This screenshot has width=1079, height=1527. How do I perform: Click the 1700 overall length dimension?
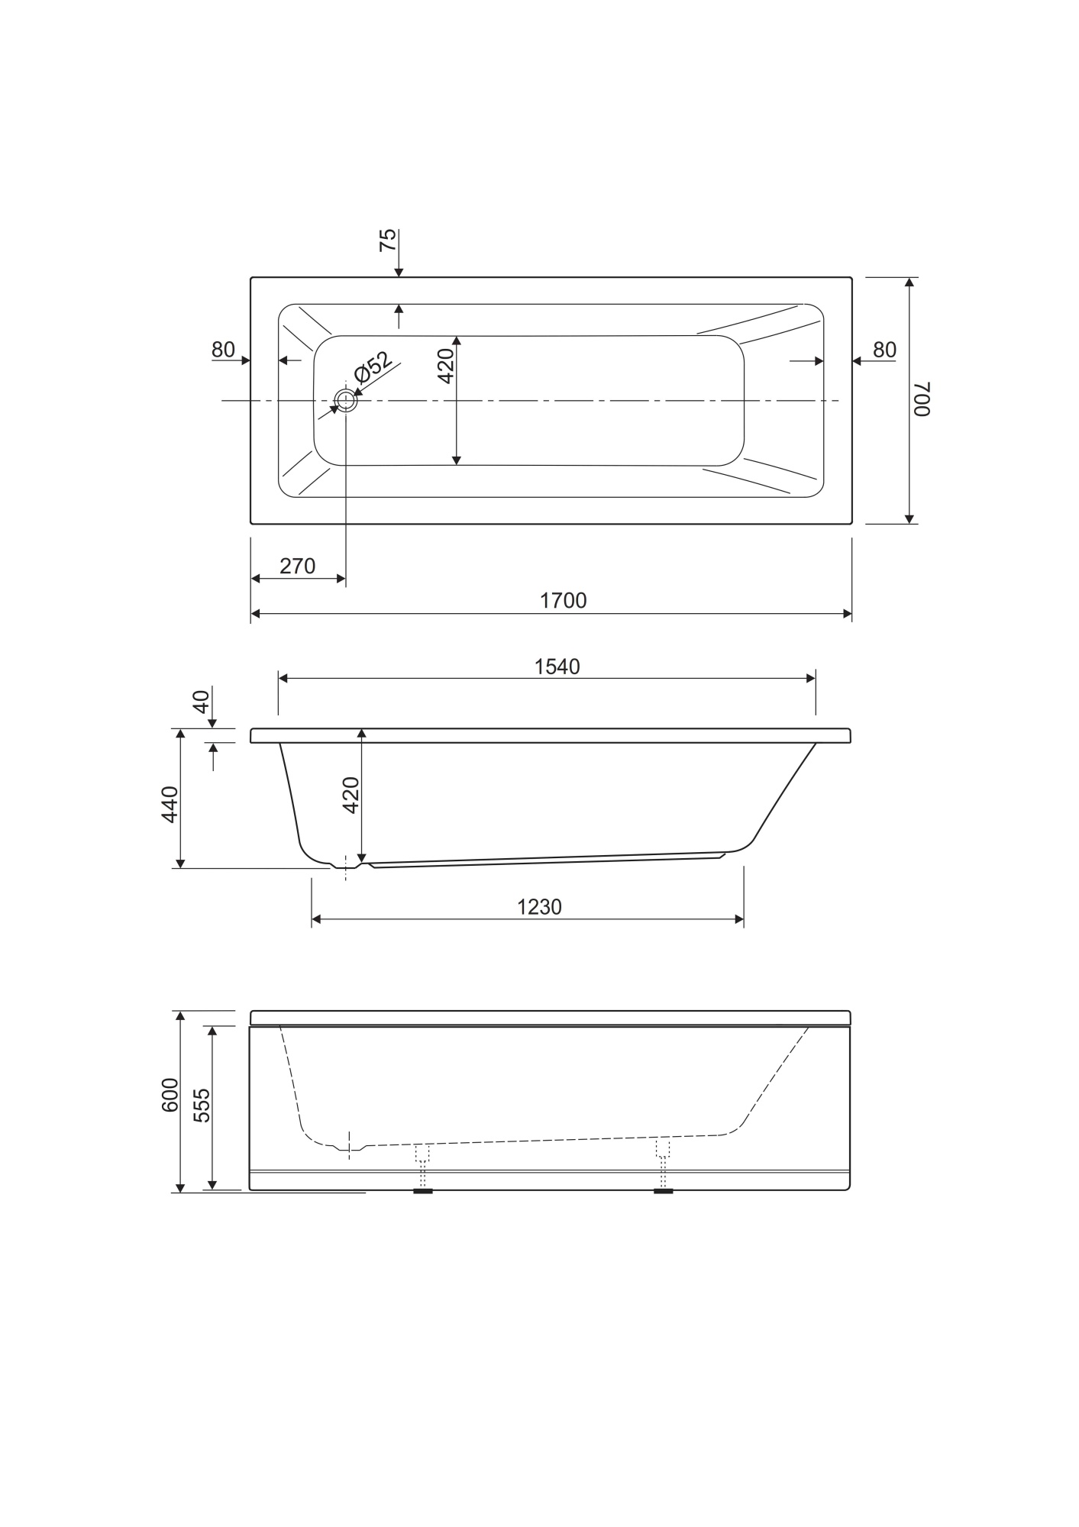tap(564, 601)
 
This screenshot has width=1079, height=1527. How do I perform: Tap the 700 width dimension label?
tap(922, 399)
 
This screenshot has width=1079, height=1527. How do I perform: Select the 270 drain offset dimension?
tap(298, 567)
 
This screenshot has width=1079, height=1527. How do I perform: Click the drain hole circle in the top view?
tap(346, 400)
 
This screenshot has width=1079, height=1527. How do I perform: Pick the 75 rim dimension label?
tap(388, 240)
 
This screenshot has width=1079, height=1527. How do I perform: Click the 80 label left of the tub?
tap(223, 350)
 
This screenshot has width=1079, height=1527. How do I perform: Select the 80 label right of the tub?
tap(884, 350)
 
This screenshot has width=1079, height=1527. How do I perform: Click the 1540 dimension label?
tap(557, 667)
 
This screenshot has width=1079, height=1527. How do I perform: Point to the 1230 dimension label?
tap(539, 907)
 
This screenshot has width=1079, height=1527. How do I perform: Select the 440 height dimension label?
tap(170, 804)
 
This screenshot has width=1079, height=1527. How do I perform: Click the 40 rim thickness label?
tap(201, 701)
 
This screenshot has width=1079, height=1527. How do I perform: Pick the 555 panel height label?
tap(201, 1105)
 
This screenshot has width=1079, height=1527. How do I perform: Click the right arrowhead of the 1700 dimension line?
tap(847, 613)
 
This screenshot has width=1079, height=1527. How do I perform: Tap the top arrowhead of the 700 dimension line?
tap(909, 282)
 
